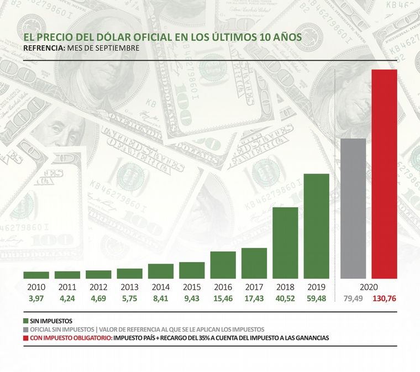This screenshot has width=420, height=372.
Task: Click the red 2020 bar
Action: (384, 174)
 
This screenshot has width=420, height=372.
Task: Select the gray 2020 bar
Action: (353, 208)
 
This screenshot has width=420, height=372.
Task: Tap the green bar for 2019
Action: (317, 226)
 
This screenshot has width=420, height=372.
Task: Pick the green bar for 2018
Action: (285, 243)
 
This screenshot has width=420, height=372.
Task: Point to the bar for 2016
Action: (223, 265)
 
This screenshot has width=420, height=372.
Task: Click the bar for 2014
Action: (161, 271)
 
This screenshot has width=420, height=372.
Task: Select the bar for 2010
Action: (36, 275)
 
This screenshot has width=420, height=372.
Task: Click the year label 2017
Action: (254, 288)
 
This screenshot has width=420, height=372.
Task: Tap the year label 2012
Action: (98, 288)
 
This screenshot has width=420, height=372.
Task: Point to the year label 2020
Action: (369, 288)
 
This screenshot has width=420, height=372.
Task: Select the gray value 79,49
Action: (353, 299)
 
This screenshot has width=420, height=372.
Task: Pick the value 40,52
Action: (285, 299)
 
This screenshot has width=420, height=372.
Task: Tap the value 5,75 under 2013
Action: (129, 299)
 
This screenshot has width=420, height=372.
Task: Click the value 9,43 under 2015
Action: (192, 299)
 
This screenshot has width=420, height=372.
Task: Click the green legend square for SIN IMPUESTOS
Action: (26, 321)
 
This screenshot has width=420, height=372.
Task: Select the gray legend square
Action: (26, 329)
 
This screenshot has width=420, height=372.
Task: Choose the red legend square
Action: (26, 337)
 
